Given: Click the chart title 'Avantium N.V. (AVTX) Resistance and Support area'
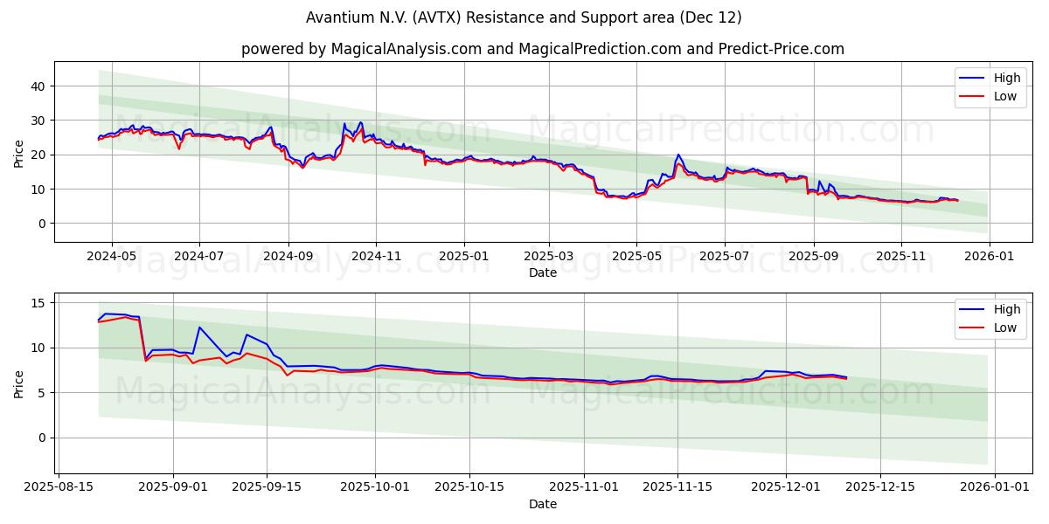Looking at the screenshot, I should [x=524, y=17].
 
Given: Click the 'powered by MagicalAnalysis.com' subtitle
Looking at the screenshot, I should [x=542, y=49].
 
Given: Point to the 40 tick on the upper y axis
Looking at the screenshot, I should [x=37, y=86].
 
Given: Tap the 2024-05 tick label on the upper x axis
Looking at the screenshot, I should [x=113, y=257].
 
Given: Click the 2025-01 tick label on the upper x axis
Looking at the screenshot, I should [x=463, y=257].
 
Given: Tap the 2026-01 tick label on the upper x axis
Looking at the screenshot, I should [x=989, y=257].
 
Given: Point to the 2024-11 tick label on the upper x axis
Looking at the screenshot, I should [x=376, y=257].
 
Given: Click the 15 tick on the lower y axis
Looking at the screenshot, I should [x=37, y=302].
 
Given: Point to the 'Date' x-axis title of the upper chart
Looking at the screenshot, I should [x=542, y=272].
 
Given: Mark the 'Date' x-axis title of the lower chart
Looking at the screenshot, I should [x=542, y=504].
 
